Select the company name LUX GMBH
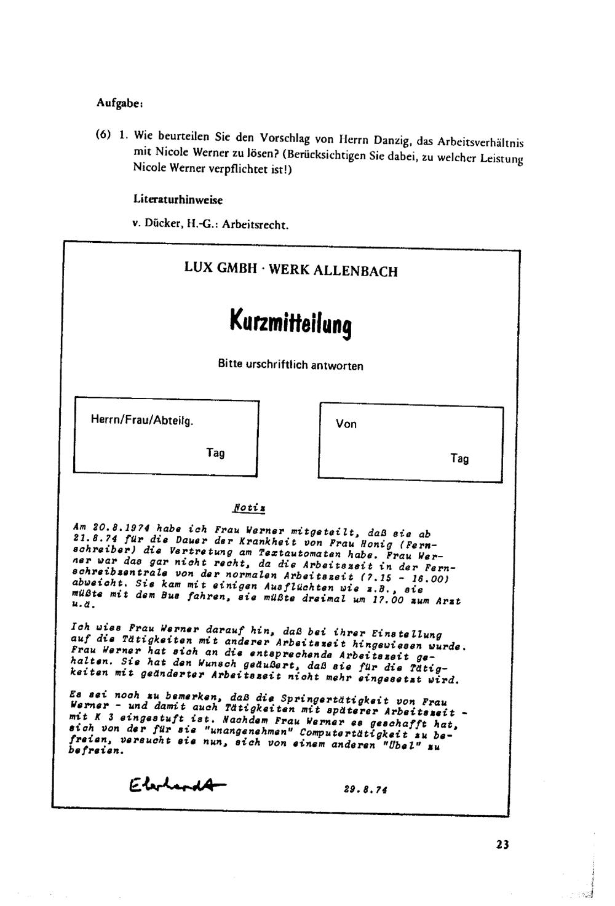[220, 268]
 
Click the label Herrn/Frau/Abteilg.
[142, 421]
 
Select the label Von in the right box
[346, 424]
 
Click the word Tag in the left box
[215, 453]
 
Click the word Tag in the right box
[459, 459]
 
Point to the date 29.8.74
[366, 789]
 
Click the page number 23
[502, 844]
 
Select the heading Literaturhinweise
[178, 200]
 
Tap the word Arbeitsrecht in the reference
[255, 225]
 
